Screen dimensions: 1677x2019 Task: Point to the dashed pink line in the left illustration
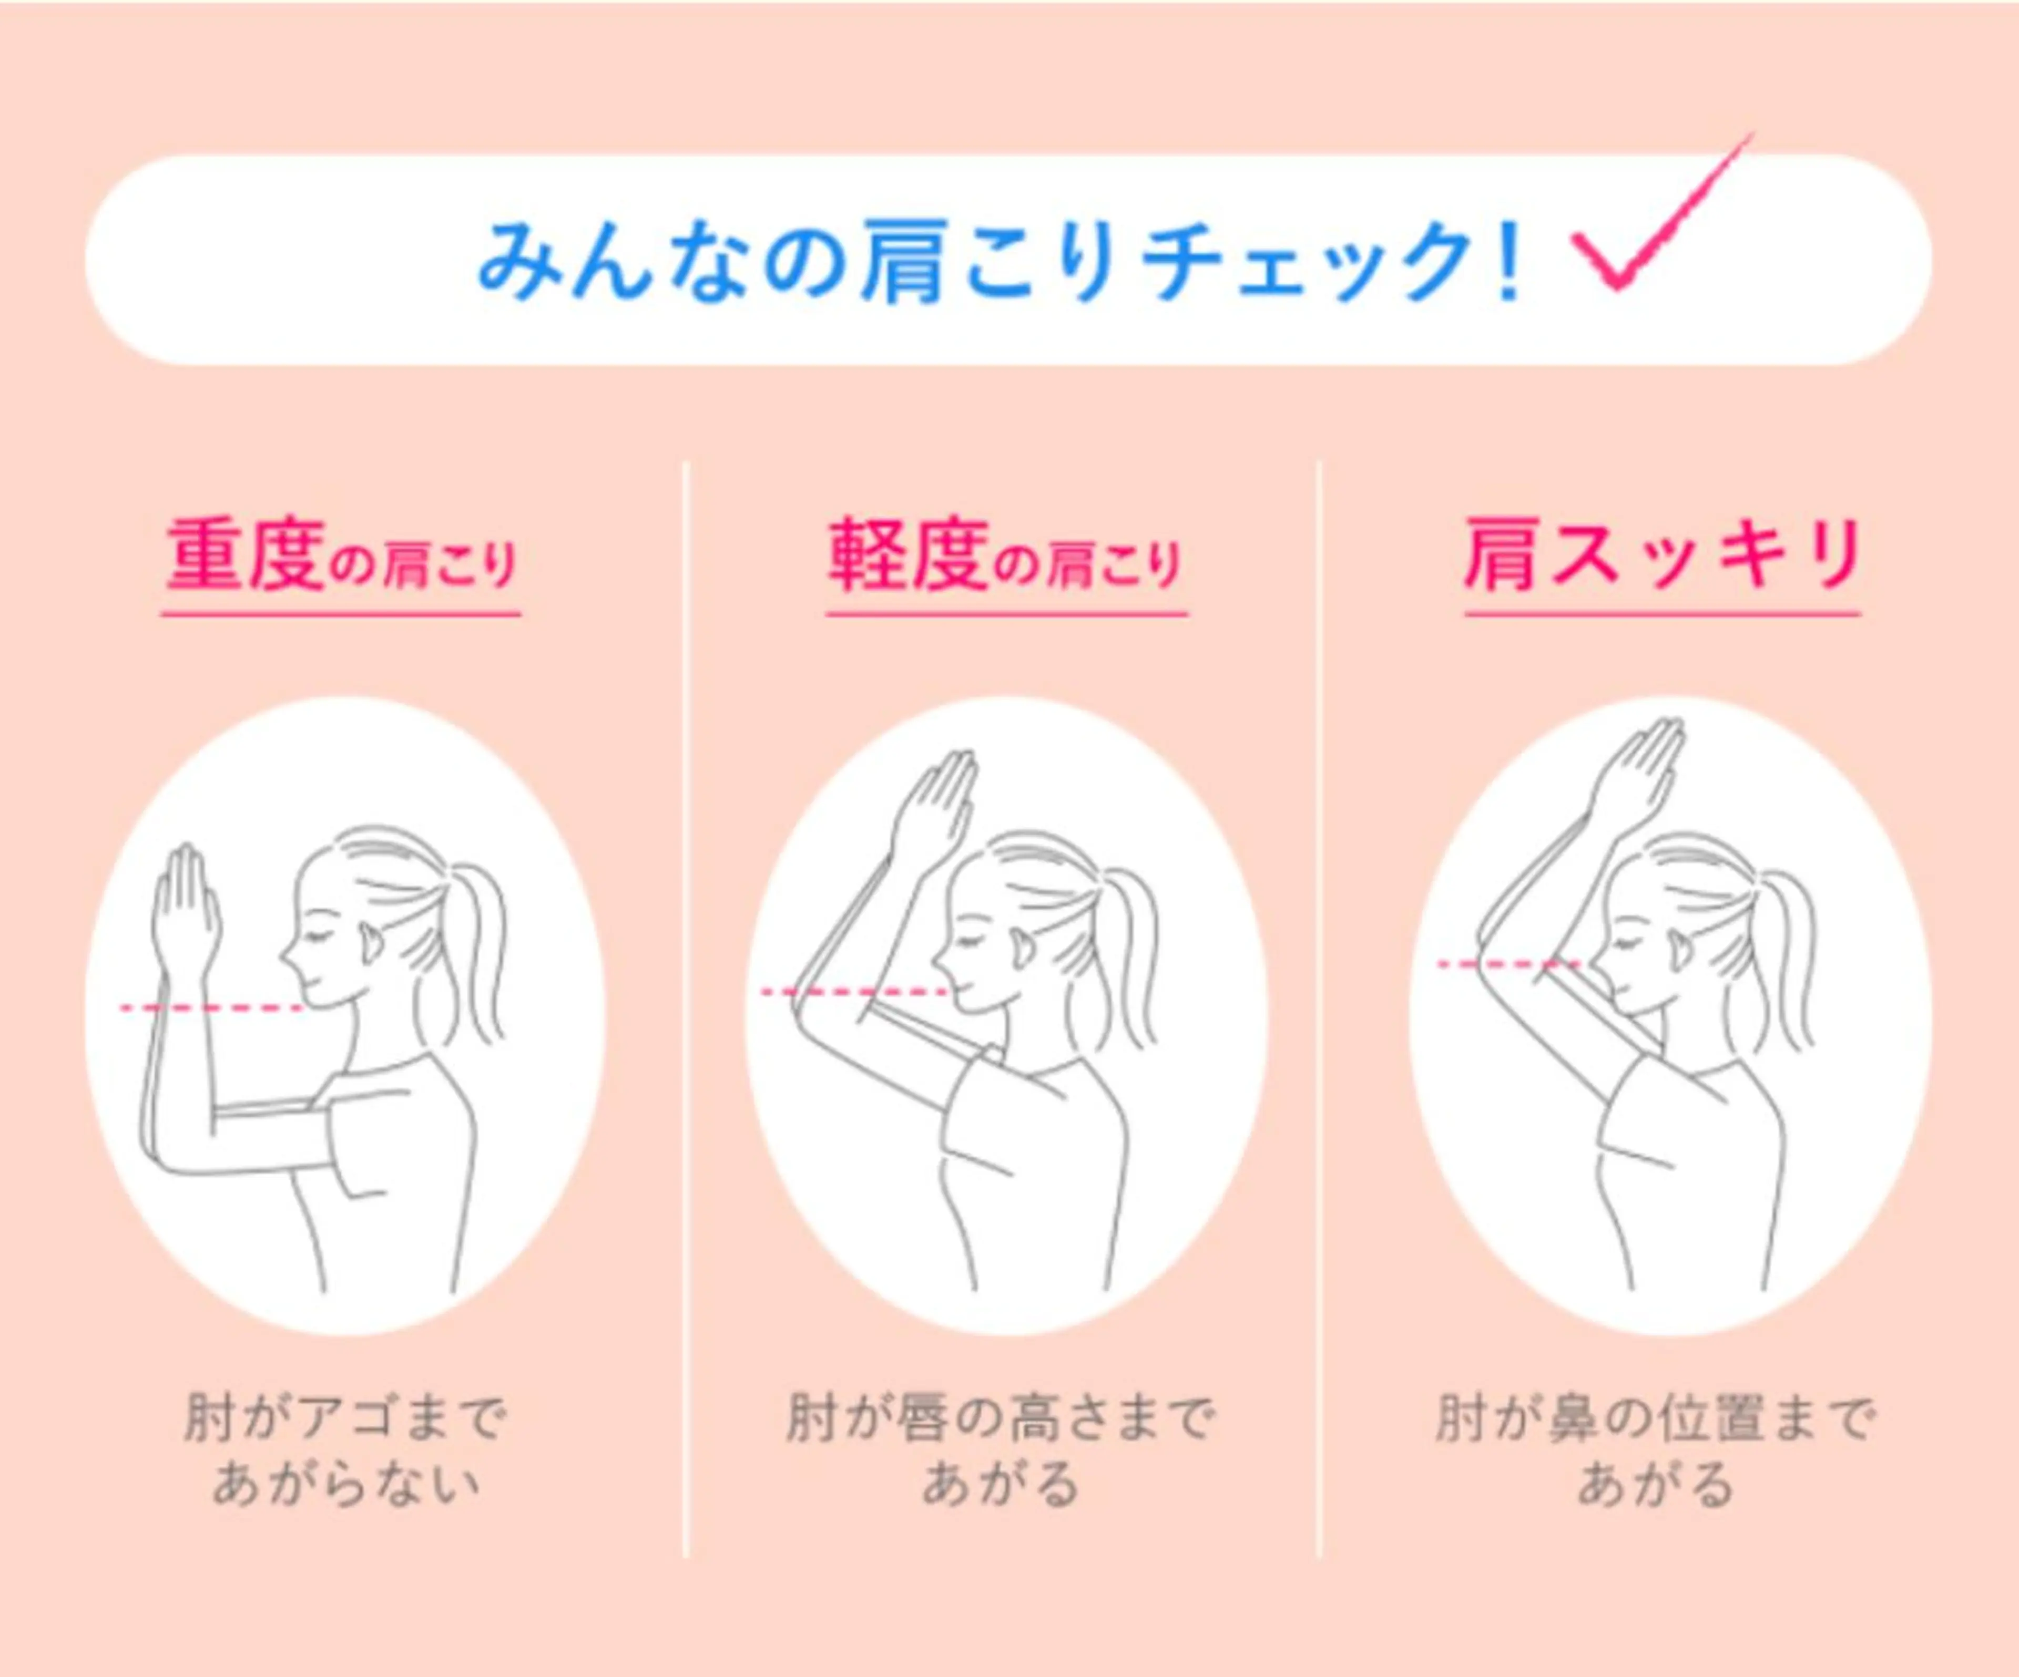211,1007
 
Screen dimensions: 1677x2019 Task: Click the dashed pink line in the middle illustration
855,991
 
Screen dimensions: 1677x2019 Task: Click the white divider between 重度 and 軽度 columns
686,1009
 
